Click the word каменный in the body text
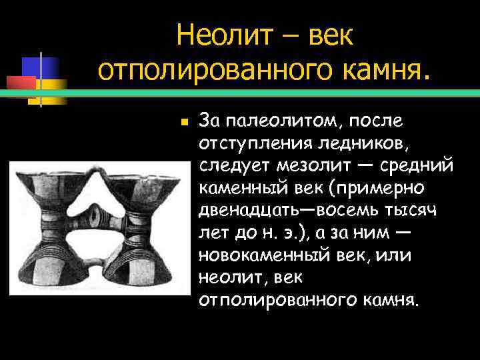coord(236,187)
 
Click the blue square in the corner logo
coord(37,67)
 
